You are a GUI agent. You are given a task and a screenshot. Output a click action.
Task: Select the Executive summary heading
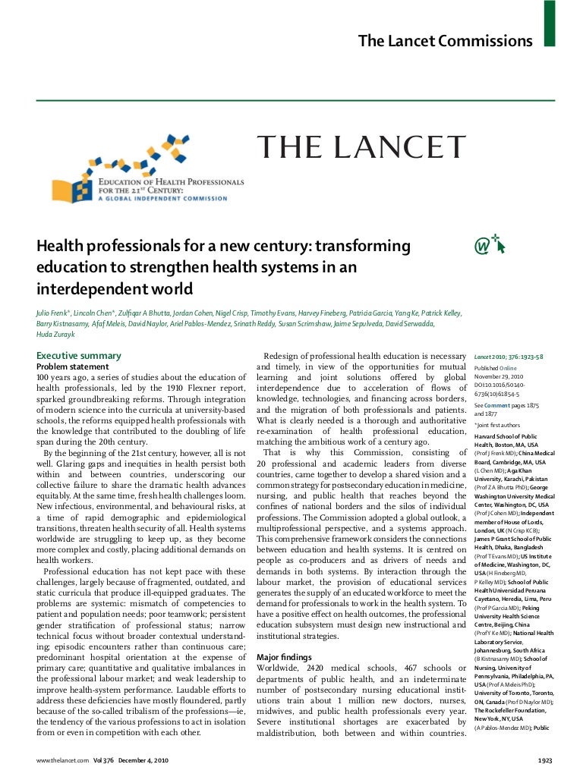(x=79, y=355)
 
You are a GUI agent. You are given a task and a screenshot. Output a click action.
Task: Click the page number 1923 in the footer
(x=544, y=760)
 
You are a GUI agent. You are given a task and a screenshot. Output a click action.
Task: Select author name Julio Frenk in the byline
(x=54, y=313)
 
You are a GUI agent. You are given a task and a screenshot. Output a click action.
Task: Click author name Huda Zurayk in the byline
(x=55, y=334)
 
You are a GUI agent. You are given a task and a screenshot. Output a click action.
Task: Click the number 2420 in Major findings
(x=321, y=668)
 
